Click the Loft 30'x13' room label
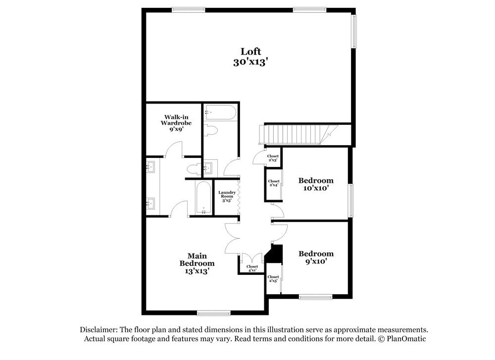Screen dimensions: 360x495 250,56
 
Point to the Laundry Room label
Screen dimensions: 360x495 227,197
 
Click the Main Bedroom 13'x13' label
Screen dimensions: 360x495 197,263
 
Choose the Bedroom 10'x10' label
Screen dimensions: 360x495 315,184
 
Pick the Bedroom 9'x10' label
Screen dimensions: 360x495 315,257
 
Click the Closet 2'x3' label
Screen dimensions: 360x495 273,158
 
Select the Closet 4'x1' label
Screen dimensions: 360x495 252,268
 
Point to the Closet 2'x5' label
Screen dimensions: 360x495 273,279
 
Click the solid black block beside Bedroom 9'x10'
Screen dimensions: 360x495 275,253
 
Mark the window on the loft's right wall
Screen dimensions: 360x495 354,31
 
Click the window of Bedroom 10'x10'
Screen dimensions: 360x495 350,200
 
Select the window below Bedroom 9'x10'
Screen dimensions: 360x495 315,297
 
